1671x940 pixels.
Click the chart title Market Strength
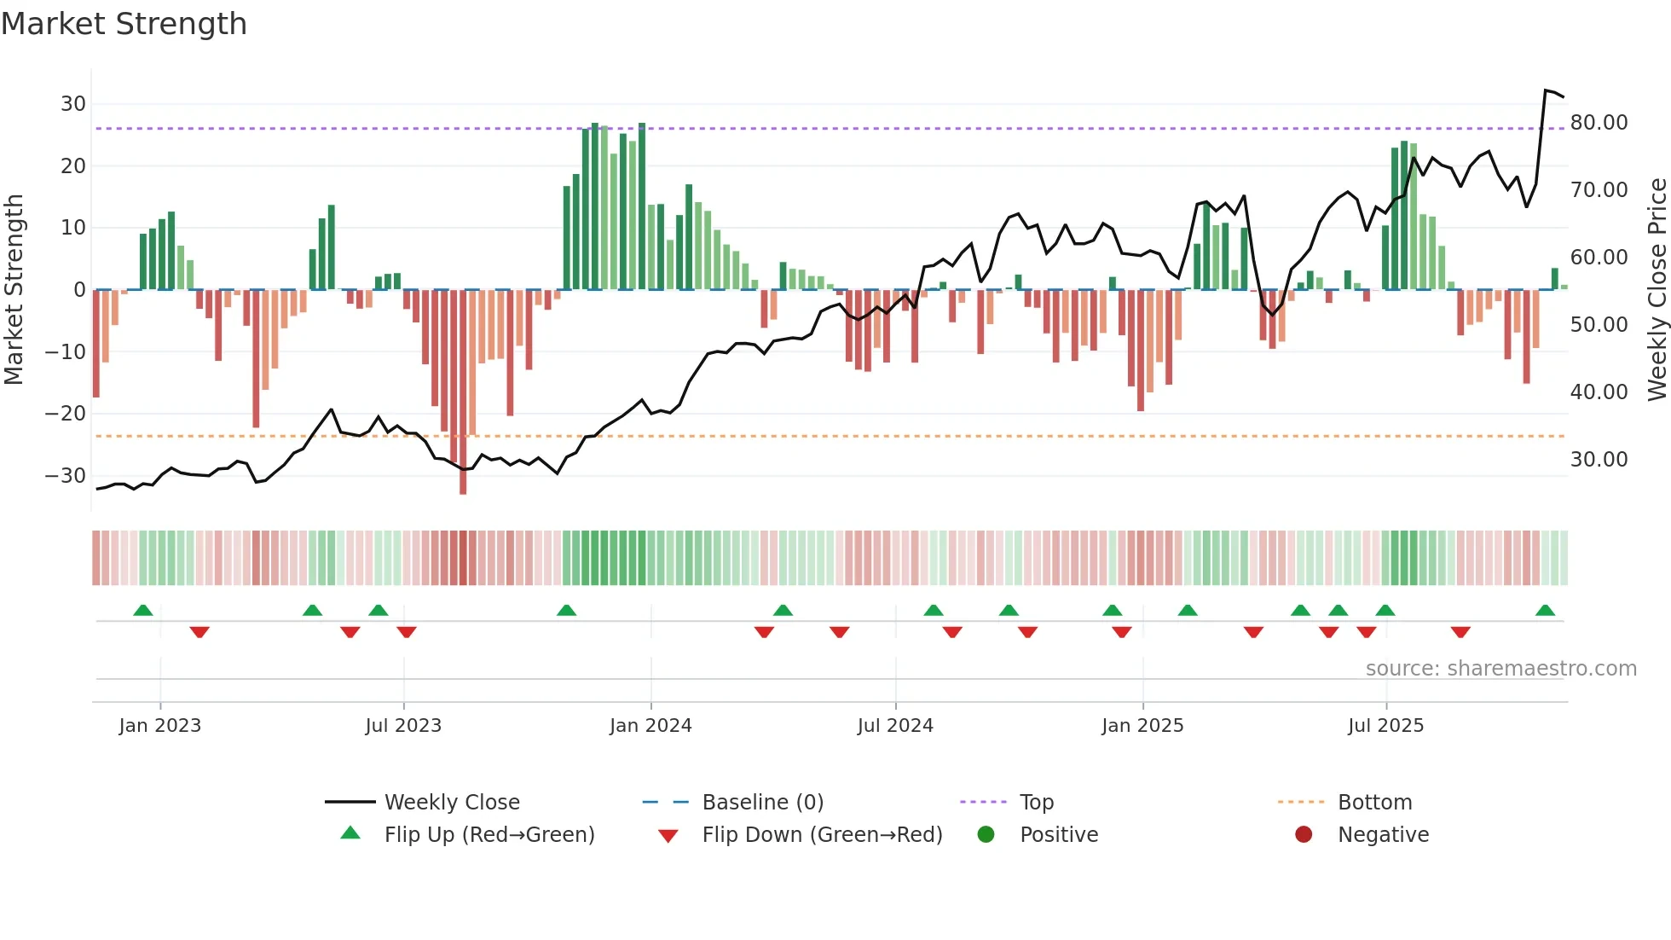tap(124, 24)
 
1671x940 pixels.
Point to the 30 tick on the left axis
tap(72, 104)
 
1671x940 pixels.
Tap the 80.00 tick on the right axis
tap(1599, 123)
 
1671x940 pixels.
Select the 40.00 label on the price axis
tap(1599, 392)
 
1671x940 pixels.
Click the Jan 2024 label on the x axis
tap(650, 726)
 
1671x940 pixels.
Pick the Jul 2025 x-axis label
tap(1385, 726)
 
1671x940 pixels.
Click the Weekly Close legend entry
tap(451, 803)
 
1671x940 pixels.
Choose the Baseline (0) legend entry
tap(762, 803)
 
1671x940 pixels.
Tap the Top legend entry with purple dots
tap(1036, 803)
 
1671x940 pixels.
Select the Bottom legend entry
tap(1374, 803)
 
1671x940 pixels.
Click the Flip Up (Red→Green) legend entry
tap(489, 835)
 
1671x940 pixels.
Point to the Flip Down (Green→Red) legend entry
tap(822, 835)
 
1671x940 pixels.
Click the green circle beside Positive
tap(986, 835)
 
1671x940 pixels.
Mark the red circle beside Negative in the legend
tap(1304, 835)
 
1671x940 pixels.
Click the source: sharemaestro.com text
tap(1500, 669)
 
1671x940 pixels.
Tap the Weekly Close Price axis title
tap(1657, 290)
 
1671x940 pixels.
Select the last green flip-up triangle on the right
tap(1545, 611)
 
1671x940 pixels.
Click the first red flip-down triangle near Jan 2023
tap(199, 632)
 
